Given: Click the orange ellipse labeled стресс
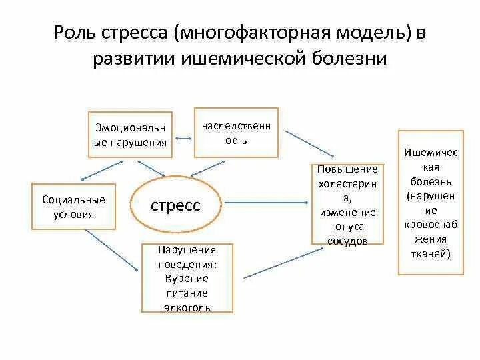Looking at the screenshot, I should (175, 205).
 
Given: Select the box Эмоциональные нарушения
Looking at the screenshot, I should (131, 135).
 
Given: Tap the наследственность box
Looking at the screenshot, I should (236, 133).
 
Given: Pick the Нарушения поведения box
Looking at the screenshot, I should (187, 278).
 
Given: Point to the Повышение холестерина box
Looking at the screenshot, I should (347, 205).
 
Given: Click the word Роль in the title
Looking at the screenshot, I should (74, 33).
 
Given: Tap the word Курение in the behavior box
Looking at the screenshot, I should (187, 278).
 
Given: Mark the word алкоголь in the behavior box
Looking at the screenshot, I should (187, 307).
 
